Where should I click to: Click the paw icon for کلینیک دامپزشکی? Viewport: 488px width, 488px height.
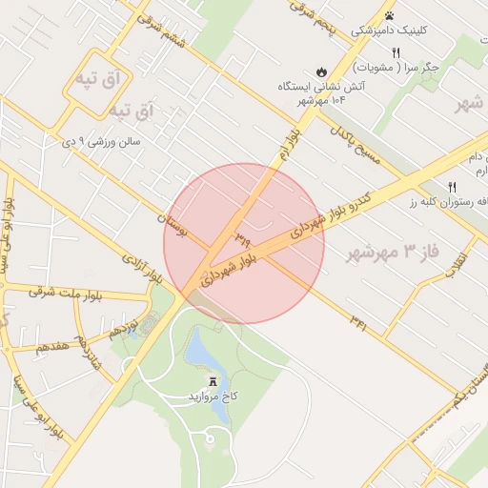(x=390, y=15)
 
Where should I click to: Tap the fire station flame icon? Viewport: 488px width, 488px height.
(x=322, y=71)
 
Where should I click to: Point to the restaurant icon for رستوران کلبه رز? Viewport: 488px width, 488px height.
(x=452, y=186)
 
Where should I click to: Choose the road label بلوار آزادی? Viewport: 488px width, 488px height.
(x=143, y=270)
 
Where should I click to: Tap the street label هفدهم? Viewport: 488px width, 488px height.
(x=49, y=345)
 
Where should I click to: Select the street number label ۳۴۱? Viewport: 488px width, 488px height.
(x=357, y=323)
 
